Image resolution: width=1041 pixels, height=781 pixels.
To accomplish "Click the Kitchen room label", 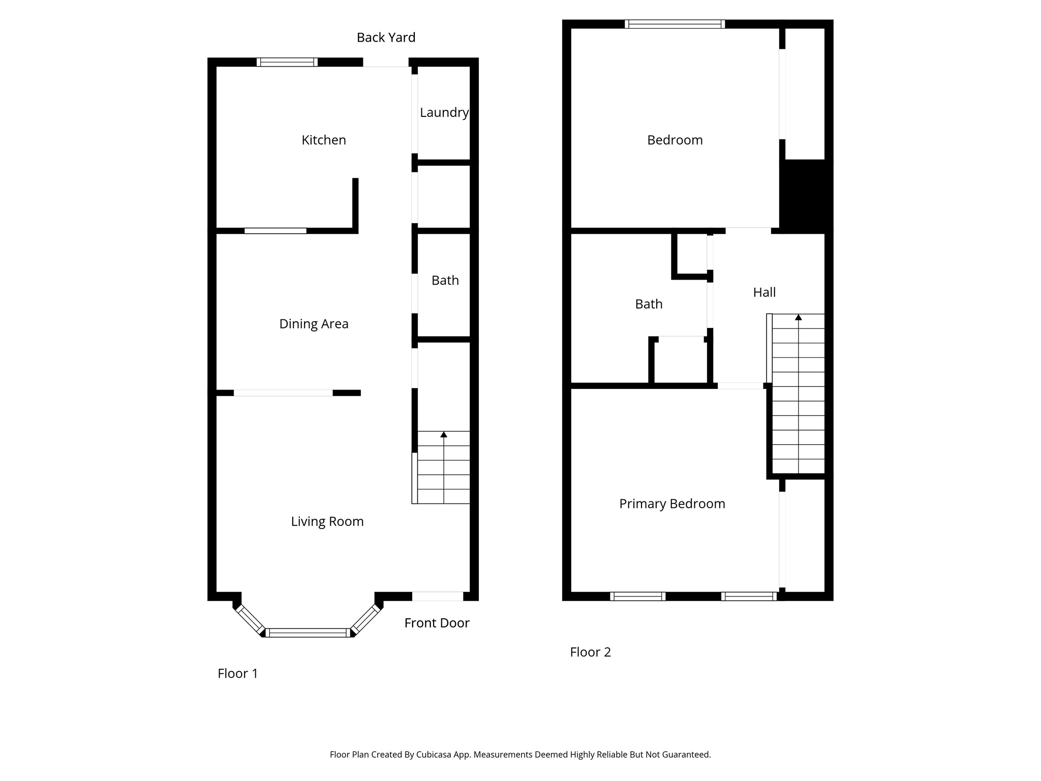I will coord(324,140).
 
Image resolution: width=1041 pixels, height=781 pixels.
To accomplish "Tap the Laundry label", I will coord(444,113).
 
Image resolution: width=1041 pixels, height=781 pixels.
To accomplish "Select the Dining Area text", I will coord(314,324).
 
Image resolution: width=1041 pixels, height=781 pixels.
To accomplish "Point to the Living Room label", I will coord(327,522).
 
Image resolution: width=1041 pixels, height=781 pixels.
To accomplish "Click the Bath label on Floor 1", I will coord(445,281).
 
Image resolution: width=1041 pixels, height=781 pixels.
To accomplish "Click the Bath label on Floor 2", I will coord(649,304).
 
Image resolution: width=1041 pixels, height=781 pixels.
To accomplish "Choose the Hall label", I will coord(764,292).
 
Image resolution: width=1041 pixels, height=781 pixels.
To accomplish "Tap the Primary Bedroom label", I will coord(672,504).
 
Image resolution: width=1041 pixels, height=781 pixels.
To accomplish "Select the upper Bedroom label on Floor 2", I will coord(675,140).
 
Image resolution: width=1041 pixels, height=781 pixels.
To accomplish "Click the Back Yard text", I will coord(386,38).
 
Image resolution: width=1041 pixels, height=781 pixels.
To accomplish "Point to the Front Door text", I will coord(437,623).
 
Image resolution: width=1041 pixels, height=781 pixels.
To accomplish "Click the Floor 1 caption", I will coord(237,674).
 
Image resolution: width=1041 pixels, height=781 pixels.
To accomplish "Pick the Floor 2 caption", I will coord(590,652).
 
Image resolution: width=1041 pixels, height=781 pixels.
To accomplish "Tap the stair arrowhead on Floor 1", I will coord(444,435).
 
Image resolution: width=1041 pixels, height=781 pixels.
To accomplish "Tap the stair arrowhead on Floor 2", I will coord(798,317).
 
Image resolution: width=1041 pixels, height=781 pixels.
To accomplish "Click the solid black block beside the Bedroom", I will coord(806,196).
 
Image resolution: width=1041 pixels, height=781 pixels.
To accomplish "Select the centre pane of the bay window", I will coord(308,633).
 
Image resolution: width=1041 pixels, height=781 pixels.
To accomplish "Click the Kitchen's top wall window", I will coord(287,62).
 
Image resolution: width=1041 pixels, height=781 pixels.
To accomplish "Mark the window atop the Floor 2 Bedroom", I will coord(675,24).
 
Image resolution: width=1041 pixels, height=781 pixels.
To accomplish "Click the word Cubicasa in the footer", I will coord(435,755).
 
